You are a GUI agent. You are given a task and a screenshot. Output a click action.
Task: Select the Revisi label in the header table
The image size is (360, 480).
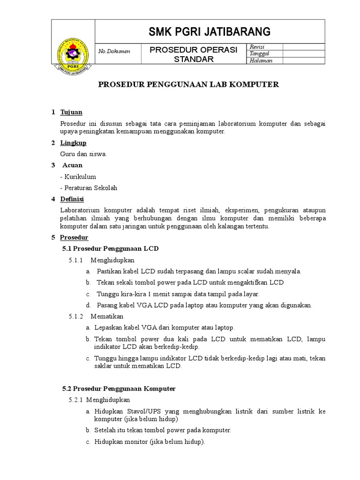click(x=258, y=46)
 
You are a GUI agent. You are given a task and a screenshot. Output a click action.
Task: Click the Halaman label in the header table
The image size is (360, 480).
click(x=261, y=60)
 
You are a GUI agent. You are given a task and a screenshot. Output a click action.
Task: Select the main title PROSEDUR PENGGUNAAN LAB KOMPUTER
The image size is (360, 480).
click(x=188, y=84)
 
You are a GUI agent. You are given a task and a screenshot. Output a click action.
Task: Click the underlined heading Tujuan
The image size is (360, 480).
click(x=71, y=112)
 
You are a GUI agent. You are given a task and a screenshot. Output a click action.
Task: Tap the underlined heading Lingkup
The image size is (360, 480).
click(x=73, y=142)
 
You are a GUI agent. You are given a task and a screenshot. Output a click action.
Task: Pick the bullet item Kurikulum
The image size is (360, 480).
click(x=78, y=177)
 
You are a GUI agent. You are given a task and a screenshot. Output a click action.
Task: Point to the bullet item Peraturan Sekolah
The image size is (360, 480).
click(x=89, y=188)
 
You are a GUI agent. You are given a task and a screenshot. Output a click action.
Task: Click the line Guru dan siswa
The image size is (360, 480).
click(x=83, y=154)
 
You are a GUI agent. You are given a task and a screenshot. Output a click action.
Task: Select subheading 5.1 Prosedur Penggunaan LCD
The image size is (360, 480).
click(x=111, y=248)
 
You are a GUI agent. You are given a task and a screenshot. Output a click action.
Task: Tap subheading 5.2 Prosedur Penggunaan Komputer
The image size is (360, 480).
click(x=119, y=389)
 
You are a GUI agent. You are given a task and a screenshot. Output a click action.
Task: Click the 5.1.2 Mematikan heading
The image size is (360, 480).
click(x=96, y=316)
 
